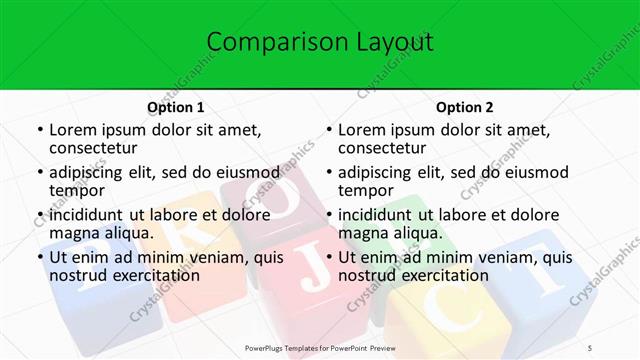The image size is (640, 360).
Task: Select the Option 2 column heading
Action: click(465, 107)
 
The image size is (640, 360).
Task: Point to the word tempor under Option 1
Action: click(76, 190)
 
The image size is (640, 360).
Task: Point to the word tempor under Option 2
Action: click(365, 190)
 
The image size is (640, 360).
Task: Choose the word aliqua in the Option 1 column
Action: click(129, 232)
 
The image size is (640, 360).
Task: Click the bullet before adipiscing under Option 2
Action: click(329, 173)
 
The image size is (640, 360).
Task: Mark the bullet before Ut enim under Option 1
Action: click(40, 258)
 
